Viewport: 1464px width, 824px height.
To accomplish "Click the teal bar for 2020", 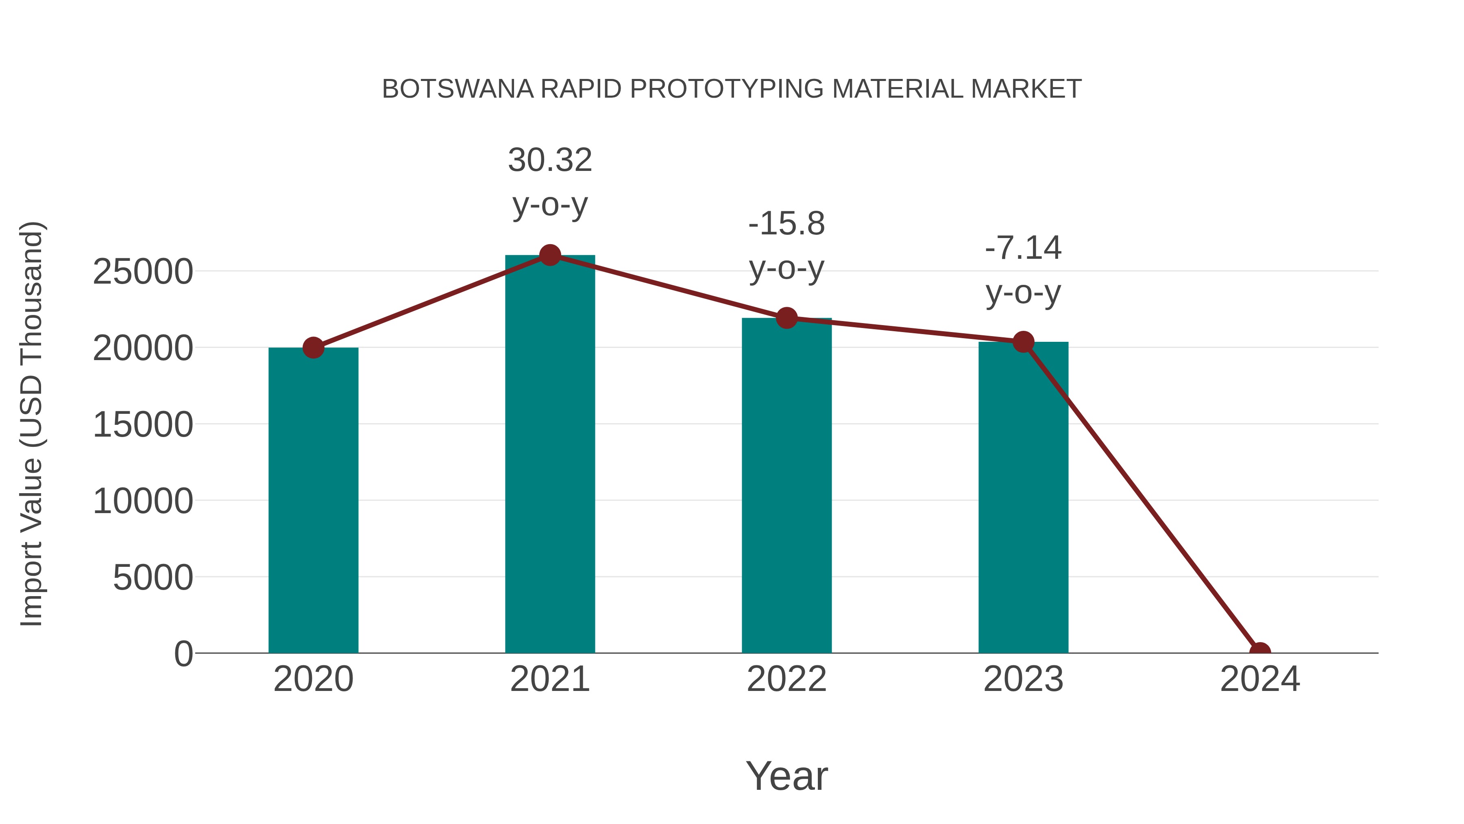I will point(313,501).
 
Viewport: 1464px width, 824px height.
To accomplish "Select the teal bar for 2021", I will point(549,455).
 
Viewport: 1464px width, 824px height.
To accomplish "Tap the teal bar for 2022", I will point(786,486).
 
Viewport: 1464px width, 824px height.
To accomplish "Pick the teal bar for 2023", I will point(1023,498).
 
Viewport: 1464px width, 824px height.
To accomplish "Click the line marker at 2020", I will point(313,348).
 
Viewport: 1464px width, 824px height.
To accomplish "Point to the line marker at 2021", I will point(549,255).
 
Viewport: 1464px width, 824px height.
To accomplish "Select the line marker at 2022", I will point(786,318).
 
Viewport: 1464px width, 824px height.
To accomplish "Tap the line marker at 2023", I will point(1023,342).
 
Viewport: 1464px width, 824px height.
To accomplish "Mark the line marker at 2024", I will point(1260,652).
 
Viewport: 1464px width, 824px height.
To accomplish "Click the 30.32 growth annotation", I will point(549,181).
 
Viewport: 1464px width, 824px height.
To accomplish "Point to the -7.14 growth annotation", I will point(1023,270).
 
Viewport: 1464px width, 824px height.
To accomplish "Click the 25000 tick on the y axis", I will point(143,272).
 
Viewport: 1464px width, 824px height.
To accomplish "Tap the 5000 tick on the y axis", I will point(153,578).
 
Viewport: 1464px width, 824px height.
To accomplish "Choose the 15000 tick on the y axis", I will point(143,425).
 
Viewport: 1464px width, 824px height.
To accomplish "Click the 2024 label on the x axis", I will point(1260,679).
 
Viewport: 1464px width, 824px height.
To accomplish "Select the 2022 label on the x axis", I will point(786,679).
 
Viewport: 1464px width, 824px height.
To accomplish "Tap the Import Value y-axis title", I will point(32,424).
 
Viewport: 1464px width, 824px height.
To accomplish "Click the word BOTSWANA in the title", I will point(457,89).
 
